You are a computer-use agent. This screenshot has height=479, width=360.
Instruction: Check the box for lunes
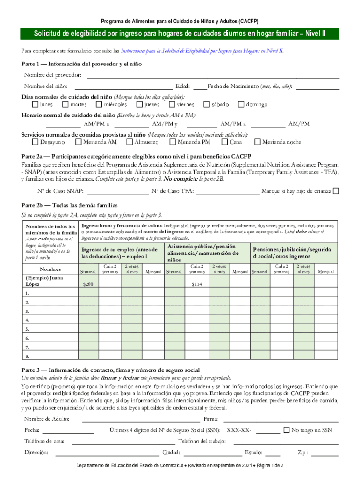click(x=36, y=104)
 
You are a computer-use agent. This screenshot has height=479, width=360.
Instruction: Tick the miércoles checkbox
click(x=99, y=104)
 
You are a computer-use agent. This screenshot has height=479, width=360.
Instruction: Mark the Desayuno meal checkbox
click(x=36, y=142)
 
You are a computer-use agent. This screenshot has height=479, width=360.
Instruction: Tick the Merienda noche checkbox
click(x=258, y=142)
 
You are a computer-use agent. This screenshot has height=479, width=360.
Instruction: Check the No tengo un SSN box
click(x=287, y=430)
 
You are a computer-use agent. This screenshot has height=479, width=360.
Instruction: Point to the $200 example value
click(x=88, y=284)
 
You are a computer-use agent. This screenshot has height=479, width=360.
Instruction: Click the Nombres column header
click(x=50, y=269)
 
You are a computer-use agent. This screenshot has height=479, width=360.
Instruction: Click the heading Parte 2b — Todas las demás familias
click(x=70, y=205)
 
